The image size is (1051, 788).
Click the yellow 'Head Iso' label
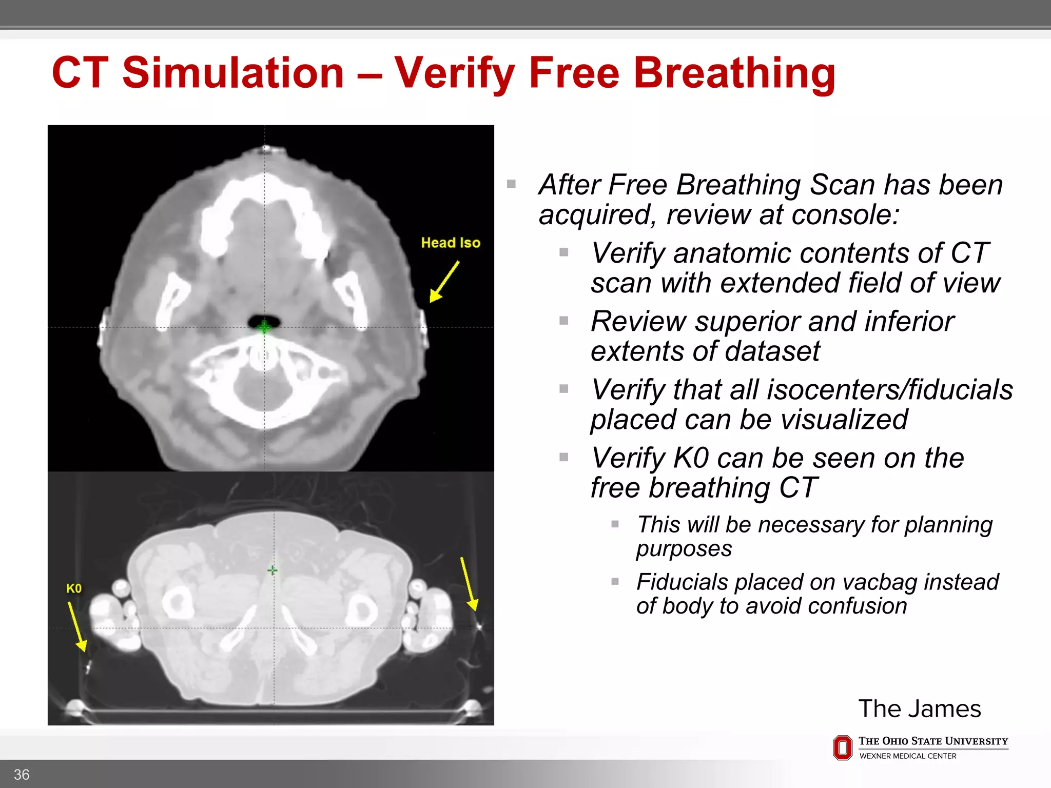pos(451,243)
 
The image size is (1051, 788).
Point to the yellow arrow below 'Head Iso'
pos(444,282)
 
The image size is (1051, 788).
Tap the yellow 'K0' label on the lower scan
pos(74,588)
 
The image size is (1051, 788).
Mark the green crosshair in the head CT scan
pos(264,327)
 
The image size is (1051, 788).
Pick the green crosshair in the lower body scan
pos(273,570)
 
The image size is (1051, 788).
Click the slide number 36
pos(22,774)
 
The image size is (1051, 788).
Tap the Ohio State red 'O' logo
pos(843,747)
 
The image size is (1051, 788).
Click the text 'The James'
pos(920,708)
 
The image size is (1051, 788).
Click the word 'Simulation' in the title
pos(233,73)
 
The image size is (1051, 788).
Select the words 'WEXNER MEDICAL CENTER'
pos(908,756)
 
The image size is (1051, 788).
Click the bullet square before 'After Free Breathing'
pos(511,184)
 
